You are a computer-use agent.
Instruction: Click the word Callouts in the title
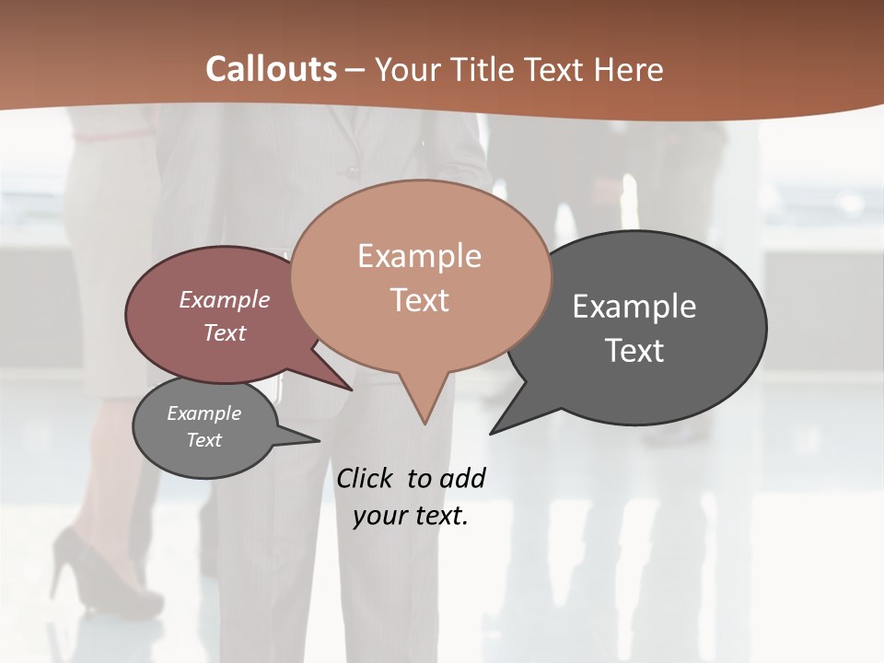(271, 69)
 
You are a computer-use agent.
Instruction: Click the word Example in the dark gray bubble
(634, 307)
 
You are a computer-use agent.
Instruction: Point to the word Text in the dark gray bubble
(634, 351)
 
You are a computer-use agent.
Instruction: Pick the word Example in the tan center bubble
(419, 256)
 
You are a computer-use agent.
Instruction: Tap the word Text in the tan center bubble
(419, 300)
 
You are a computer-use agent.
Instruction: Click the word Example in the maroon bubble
(225, 299)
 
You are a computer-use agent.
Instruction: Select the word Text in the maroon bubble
(225, 332)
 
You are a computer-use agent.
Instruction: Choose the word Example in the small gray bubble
(204, 413)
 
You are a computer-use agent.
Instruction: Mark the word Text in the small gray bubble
(204, 440)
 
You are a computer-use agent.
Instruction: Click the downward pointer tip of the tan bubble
(425, 423)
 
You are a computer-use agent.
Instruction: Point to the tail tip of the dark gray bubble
(492, 432)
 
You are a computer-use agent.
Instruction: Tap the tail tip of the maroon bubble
(351, 389)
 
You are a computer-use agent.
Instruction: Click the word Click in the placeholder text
(366, 478)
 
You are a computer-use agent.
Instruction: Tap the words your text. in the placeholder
(411, 516)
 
